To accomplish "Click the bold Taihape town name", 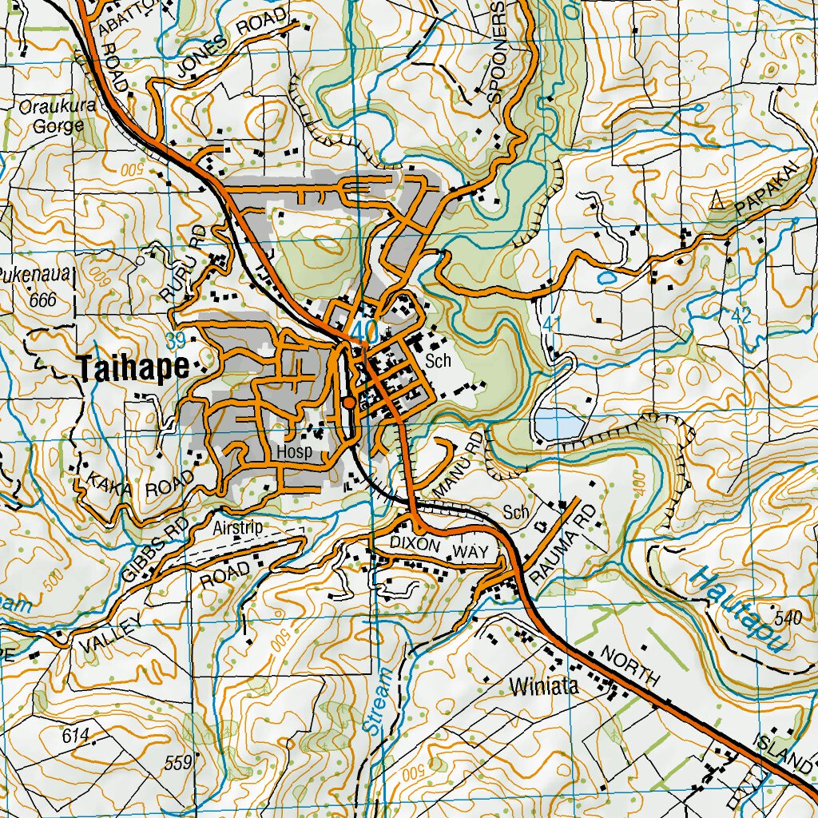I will pos(133,367).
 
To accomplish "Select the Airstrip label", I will pos(237,527).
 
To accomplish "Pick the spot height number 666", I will pos(42,300).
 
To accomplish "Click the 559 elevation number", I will pos(177,763).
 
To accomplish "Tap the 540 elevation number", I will pos(787,617).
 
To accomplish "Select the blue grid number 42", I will pos(741,315).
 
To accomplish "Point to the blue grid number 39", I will pos(177,341).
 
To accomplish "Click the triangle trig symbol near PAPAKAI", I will pos(717,199).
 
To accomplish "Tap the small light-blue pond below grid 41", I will pos(557,424).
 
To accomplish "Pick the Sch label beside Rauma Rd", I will pos(516,511).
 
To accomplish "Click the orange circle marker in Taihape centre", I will pos(349,403).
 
